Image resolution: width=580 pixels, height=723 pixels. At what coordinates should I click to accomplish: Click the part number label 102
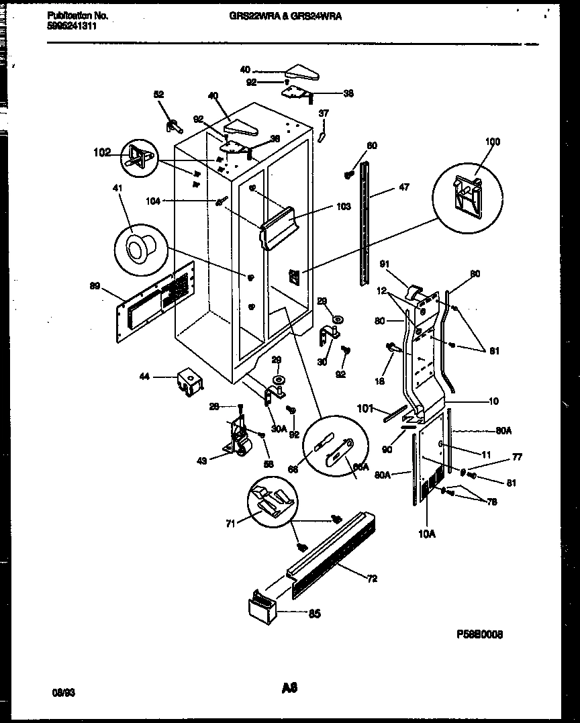tap(102, 152)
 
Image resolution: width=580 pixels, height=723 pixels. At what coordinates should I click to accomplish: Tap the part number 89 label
tap(95, 287)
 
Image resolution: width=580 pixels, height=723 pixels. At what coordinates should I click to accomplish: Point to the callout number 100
tap(493, 142)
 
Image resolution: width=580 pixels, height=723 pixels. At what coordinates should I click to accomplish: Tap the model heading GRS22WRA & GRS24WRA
tap(285, 16)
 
